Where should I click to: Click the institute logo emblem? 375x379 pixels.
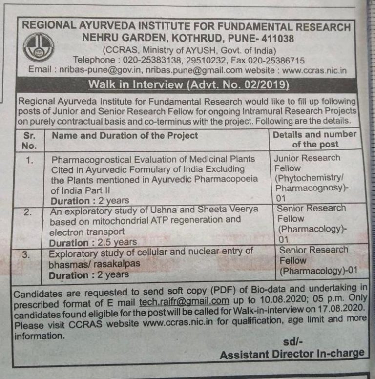(x=38, y=47)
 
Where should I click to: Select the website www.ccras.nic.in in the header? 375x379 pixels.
(x=314, y=70)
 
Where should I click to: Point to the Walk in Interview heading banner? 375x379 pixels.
(x=188, y=84)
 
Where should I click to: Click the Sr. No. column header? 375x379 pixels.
(x=29, y=140)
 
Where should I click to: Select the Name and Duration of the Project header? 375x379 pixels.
(x=125, y=135)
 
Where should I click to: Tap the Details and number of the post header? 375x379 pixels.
(x=314, y=139)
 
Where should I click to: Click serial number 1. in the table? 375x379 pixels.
(x=29, y=159)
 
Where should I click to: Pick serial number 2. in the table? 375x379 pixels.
(x=29, y=211)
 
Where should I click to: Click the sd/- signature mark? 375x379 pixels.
(x=292, y=341)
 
